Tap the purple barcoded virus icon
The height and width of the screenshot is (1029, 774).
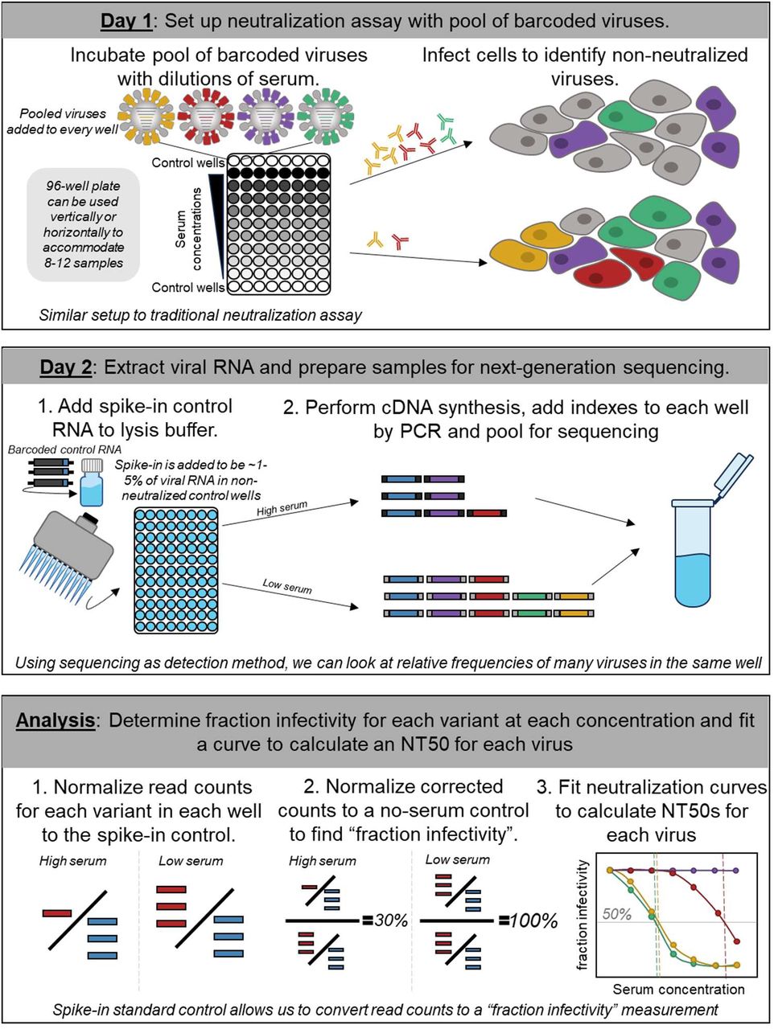pyautogui.click(x=266, y=117)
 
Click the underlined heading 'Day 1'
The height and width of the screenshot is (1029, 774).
pyautogui.click(x=126, y=21)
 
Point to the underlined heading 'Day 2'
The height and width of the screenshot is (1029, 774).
pyautogui.click(x=65, y=367)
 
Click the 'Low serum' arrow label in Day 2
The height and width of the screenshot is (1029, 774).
pyautogui.click(x=286, y=586)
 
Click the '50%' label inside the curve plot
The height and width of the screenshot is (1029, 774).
pyautogui.click(x=616, y=914)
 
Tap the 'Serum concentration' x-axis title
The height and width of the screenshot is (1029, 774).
pyautogui.click(x=677, y=989)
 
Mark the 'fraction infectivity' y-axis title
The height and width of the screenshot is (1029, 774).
pyautogui.click(x=583, y=915)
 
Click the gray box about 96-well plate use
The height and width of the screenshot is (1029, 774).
pyautogui.click(x=84, y=225)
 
